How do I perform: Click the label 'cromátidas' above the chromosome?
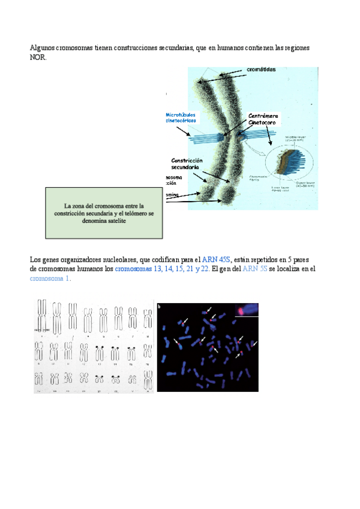coord(261,70)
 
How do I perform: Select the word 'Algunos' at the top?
coord(42,47)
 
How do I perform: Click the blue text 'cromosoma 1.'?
coord(50,279)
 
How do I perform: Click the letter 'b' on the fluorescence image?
coord(159,306)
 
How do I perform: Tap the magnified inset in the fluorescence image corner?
coord(246,309)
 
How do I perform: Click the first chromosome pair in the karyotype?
coord(42,317)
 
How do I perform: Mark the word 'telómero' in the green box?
coord(132,213)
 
